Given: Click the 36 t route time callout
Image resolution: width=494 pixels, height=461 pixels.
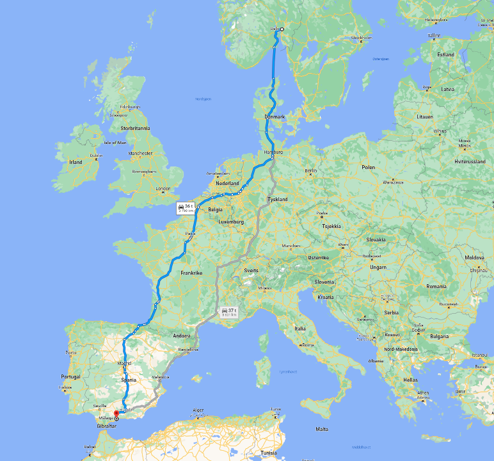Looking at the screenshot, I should [x=186, y=208].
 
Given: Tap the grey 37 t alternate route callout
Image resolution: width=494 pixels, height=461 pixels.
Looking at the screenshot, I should [x=228, y=311].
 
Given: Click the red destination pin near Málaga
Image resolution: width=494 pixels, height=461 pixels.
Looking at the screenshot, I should [x=116, y=414].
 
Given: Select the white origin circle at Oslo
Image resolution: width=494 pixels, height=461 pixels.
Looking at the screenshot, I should [x=281, y=29].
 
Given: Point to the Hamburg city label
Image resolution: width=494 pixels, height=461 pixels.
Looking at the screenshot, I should [x=273, y=152].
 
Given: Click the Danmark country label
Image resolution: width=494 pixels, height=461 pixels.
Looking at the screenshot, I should [x=275, y=117].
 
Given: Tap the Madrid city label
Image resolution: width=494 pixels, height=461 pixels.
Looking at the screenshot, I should [x=124, y=364].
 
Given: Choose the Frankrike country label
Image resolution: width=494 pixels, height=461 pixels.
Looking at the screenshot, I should [x=191, y=273].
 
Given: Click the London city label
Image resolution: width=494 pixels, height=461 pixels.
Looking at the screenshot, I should [x=163, y=188].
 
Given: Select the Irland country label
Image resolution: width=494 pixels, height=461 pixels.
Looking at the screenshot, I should [x=76, y=162].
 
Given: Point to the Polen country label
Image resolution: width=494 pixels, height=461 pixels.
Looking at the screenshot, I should [x=369, y=167].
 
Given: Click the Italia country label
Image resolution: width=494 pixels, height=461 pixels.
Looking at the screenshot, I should [x=299, y=328].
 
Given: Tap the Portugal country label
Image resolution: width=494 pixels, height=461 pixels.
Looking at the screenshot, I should [x=70, y=376].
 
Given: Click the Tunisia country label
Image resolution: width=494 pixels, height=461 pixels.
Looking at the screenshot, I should [x=269, y=453].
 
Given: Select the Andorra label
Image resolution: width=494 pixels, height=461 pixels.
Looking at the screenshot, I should [x=182, y=336].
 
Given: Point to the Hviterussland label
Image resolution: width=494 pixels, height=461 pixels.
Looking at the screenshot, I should [x=470, y=162].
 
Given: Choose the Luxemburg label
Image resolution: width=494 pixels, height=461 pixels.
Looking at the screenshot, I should [x=231, y=222].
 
